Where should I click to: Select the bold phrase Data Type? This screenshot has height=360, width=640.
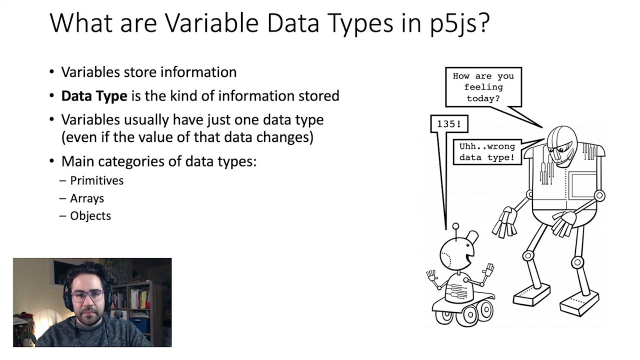click(x=94, y=95)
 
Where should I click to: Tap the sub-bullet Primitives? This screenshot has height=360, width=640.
click(x=96, y=180)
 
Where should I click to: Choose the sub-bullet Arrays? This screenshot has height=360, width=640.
click(x=87, y=198)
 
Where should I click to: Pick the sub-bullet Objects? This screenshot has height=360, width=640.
click(x=90, y=215)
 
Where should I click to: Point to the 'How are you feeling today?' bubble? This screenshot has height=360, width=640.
click(x=483, y=87)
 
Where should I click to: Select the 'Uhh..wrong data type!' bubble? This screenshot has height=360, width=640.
click(x=486, y=152)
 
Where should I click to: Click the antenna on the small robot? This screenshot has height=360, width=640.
click(x=455, y=230)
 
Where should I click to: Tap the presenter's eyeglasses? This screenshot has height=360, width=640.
click(x=87, y=295)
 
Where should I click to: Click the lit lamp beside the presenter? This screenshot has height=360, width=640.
click(x=44, y=320)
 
